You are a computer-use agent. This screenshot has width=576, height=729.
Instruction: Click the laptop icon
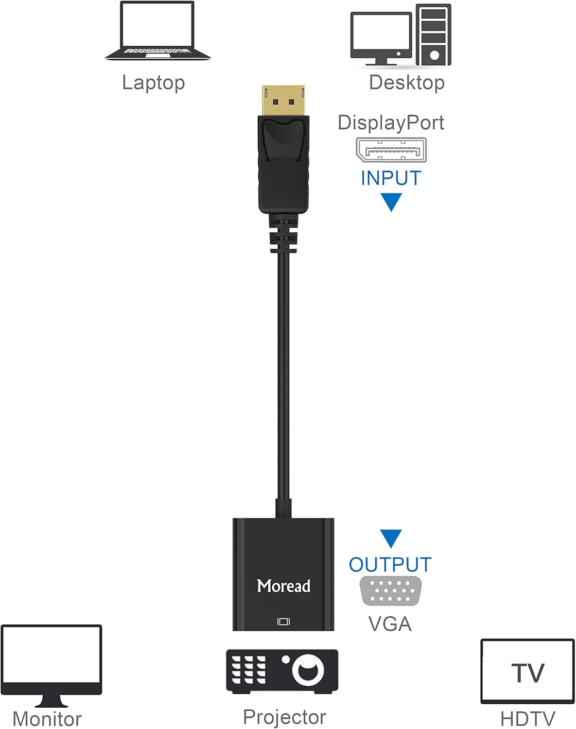(x=157, y=31)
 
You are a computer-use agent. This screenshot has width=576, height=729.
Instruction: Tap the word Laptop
(x=153, y=83)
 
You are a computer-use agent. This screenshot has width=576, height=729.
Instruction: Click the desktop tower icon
(x=433, y=35)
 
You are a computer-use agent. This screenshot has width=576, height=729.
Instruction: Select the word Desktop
(x=406, y=83)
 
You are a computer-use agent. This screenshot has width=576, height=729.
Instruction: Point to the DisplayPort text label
(x=391, y=122)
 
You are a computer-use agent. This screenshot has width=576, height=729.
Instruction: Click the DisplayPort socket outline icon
(x=391, y=150)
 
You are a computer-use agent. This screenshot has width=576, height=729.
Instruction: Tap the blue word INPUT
(x=390, y=178)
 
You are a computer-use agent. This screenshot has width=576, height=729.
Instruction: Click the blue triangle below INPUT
(x=391, y=201)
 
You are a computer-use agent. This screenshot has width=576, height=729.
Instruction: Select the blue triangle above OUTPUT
(x=391, y=538)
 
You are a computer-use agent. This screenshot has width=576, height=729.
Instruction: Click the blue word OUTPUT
(x=390, y=565)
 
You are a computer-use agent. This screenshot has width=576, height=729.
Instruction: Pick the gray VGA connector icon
(x=390, y=591)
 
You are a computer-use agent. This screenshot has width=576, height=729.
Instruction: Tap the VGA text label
(x=390, y=624)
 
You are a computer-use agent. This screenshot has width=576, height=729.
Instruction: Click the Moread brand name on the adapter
(x=283, y=586)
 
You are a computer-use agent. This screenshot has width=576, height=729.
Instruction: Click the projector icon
(x=282, y=672)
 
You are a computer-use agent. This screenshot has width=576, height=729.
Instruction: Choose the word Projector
(x=284, y=717)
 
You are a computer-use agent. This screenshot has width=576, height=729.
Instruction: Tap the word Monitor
(x=47, y=719)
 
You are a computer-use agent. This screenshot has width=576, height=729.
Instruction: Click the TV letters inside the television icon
(x=528, y=673)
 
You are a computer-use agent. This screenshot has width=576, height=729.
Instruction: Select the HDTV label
(x=527, y=718)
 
